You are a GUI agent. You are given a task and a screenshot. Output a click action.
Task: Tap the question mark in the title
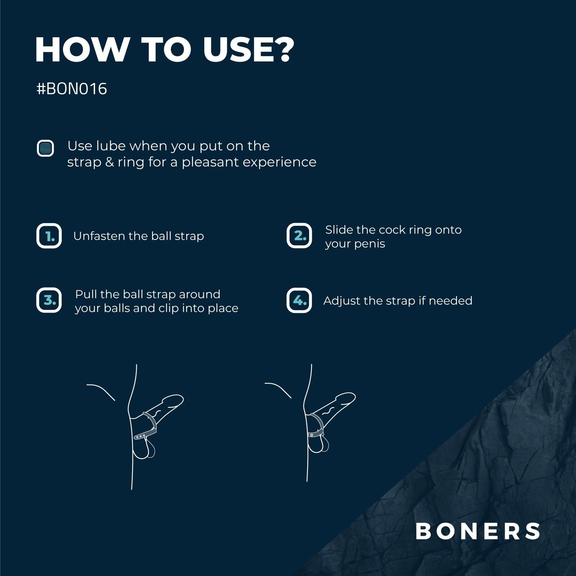pyautogui.click(x=285, y=50)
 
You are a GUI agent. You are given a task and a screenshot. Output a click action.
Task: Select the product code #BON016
pyautogui.click(x=72, y=89)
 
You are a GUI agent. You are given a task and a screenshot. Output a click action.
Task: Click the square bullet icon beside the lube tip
pyautogui.click(x=45, y=148)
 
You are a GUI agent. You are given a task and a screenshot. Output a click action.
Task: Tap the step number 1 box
pyautogui.click(x=49, y=236)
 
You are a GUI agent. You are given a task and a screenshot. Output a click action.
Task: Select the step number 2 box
pyautogui.click(x=299, y=236)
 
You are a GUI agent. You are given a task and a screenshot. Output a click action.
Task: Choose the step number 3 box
pyautogui.click(x=49, y=300)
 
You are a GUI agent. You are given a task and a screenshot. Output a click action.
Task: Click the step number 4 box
pyautogui.click(x=299, y=300)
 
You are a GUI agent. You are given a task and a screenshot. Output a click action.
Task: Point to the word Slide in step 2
pyautogui.click(x=339, y=230)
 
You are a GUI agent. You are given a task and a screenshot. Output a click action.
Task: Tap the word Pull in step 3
pyautogui.click(x=86, y=294)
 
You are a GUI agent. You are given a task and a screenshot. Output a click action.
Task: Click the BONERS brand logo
pyautogui.click(x=478, y=531)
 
